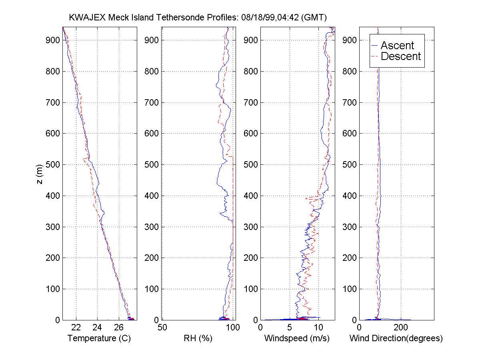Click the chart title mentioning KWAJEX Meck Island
(x=198, y=17)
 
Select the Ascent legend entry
(x=397, y=45)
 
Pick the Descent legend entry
(x=401, y=56)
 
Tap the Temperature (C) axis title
(x=99, y=338)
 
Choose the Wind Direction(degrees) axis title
(x=396, y=338)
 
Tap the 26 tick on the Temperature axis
(x=119, y=328)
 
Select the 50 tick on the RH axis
(x=162, y=328)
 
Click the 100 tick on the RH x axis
(x=233, y=328)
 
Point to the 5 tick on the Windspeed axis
(x=290, y=328)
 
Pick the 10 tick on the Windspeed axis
(x=319, y=328)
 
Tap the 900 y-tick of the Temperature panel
(x=53, y=40)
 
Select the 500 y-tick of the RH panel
(x=152, y=164)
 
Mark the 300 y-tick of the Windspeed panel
(x=251, y=227)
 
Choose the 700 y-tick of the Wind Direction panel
(x=350, y=102)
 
